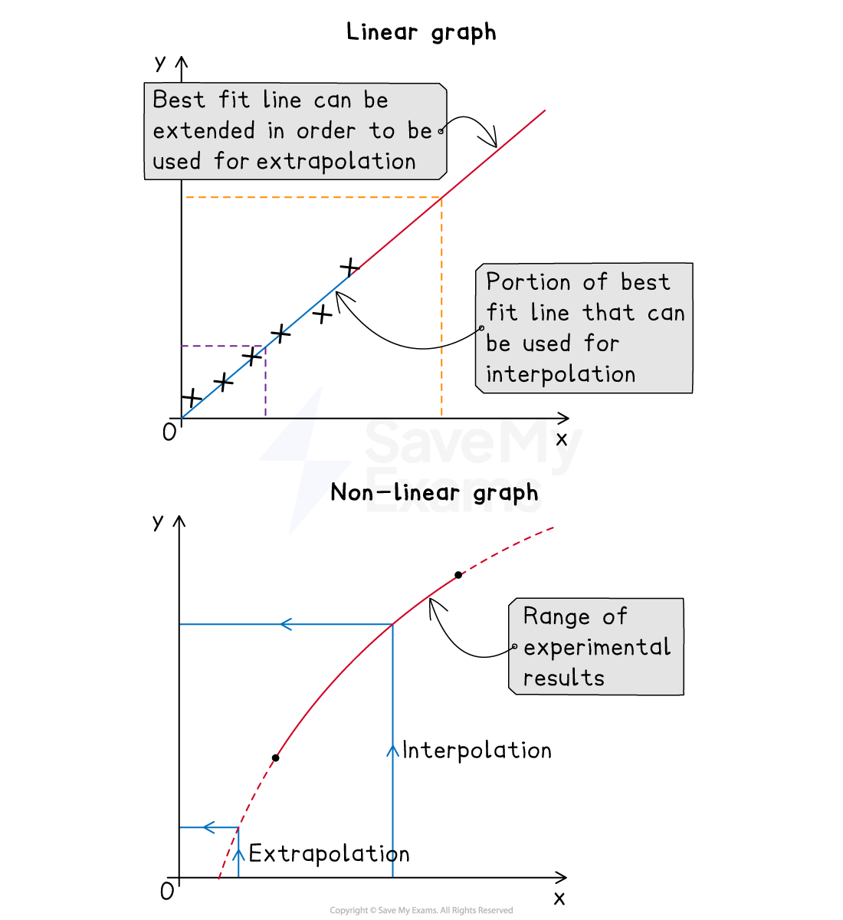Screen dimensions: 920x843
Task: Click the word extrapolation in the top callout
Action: pos(336,162)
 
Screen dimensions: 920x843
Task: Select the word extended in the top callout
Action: pos(203,131)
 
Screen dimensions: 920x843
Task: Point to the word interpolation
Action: pos(560,374)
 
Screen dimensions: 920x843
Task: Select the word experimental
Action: pos(597,648)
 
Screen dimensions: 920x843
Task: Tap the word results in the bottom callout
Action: pos(563,678)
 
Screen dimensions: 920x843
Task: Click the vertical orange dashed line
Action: pos(441,307)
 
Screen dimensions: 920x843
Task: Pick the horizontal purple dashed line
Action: pos(222,346)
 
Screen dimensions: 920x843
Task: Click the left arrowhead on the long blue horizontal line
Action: pos(285,625)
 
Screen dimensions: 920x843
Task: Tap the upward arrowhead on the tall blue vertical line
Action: pos(392,750)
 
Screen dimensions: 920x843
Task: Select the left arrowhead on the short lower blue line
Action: pos(208,827)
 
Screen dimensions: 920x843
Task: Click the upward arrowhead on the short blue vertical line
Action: pos(238,854)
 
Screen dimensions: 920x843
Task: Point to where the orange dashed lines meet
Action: pos(441,198)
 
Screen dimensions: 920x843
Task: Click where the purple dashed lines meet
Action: pos(265,346)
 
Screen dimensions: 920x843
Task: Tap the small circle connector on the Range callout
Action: pos(513,647)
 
